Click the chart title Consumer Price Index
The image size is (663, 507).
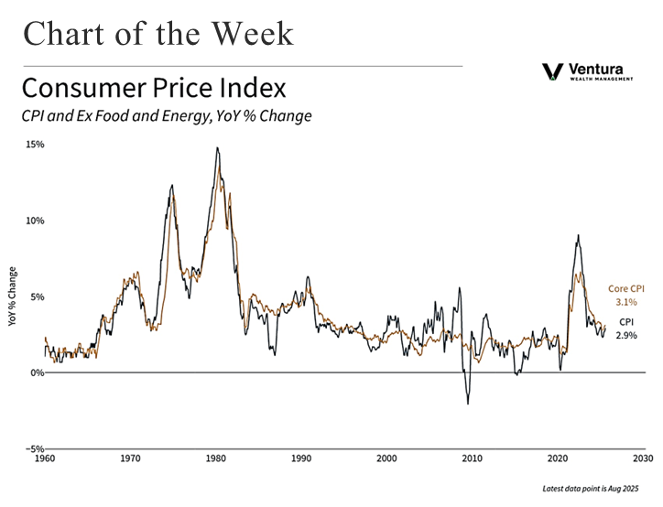point(154,89)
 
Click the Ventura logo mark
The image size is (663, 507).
point(552,70)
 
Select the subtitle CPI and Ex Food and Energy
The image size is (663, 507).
point(167,116)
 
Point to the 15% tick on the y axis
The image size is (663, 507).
point(35,145)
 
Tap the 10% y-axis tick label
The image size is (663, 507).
point(35,221)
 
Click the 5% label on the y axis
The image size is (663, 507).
point(37,297)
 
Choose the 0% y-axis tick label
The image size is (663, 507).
point(37,372)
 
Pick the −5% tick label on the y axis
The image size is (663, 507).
point(34,448)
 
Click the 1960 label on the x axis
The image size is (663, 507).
point(45,458)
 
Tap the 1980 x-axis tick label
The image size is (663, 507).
point(216,458)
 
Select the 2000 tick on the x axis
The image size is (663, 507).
point(386,458)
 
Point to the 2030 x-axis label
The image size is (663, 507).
point(643,458)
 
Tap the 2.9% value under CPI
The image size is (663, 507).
point(626,336)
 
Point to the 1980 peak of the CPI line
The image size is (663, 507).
point(217,147)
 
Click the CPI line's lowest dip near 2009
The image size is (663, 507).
point(468,404)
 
